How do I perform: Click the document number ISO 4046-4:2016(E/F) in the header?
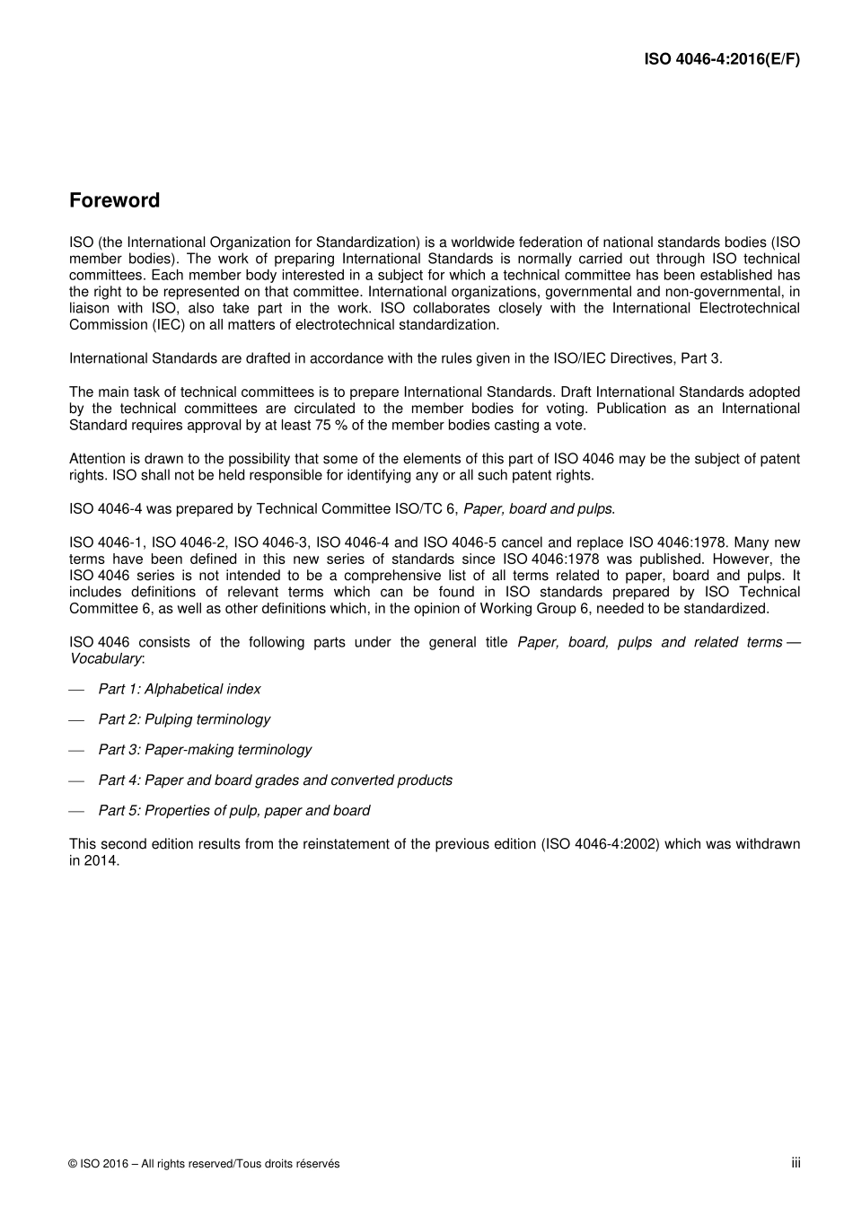pos(722,59)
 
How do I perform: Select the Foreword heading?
pos(114,200)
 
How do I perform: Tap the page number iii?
pos(796,1163)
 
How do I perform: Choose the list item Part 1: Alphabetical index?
pos(179,689)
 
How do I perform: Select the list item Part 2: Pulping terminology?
pos(184,719)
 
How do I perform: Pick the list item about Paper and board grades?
pos(275,780)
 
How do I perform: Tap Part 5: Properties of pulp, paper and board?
pos(233,811)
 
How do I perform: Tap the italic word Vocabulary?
pos(105,658)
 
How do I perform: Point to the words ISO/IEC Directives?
pos(600,358)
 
